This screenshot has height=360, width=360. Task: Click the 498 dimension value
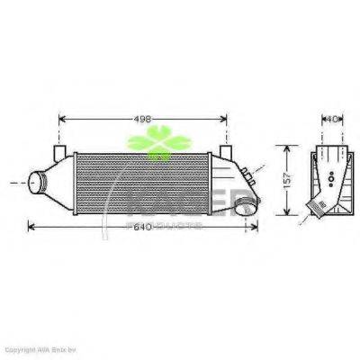pos(141,118)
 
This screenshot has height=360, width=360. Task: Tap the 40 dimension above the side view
pos(333,118)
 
